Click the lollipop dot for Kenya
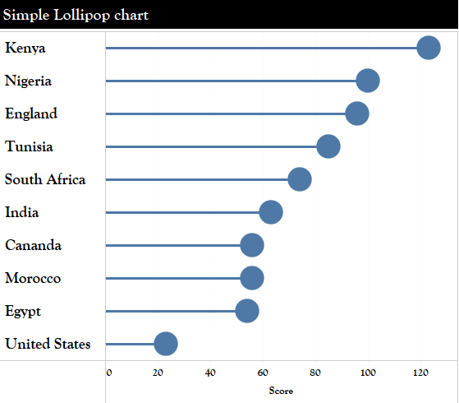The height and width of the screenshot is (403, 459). coord(428,48)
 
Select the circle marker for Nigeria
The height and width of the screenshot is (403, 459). coord(368,81)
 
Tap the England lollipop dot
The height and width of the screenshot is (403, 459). coord(357,113)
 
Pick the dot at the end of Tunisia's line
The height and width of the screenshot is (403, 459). coord(328,146)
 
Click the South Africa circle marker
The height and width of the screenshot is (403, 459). coord(300,179)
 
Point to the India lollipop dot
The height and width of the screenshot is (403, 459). coord(271,212)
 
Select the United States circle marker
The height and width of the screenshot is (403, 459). coord(166,344)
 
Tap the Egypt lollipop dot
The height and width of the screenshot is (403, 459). coord(247,311)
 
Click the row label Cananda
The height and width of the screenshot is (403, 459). coord(33,245)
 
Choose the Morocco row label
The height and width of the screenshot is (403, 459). coord(33,278)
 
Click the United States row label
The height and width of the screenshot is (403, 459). coord(48,344)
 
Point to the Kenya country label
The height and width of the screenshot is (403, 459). coord(25,48)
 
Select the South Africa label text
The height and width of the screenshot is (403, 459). coord(45,179)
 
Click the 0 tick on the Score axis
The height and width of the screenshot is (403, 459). coord(109,373)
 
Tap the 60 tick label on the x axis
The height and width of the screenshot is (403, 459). coord(263,373)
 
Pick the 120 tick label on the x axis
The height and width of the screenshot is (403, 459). coord(420,373)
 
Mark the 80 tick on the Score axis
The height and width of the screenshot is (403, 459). coord(315,373)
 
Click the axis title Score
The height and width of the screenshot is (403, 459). coord(281,391)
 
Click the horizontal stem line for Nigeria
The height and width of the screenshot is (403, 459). coord(230,81)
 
